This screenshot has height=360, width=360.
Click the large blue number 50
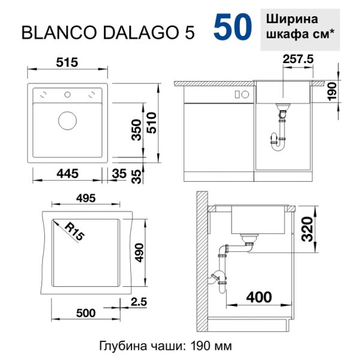tap(233, 27)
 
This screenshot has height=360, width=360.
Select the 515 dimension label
tap(67, 62)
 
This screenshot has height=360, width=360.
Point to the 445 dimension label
tap(67, 173)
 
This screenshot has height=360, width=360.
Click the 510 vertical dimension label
tap(152, 123)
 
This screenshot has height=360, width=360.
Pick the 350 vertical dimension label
tap(136, 130)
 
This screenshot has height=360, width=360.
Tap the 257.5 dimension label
tap(298, 59)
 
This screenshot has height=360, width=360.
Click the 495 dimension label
tap(86, 198)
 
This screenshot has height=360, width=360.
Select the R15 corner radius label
tap(74, 232)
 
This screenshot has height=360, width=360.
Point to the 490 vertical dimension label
tap(139, 253)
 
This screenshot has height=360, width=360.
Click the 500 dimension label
tap(86, 313)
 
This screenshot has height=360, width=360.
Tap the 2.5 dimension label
tap(139, 302)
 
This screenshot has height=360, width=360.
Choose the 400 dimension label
tap(259, 298)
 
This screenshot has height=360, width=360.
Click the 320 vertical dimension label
tap(307, 229)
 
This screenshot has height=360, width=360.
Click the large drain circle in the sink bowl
tap(67, 121)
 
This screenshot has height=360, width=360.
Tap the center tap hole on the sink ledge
tap(67, 94)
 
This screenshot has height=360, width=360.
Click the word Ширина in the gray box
tap(292, 19)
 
